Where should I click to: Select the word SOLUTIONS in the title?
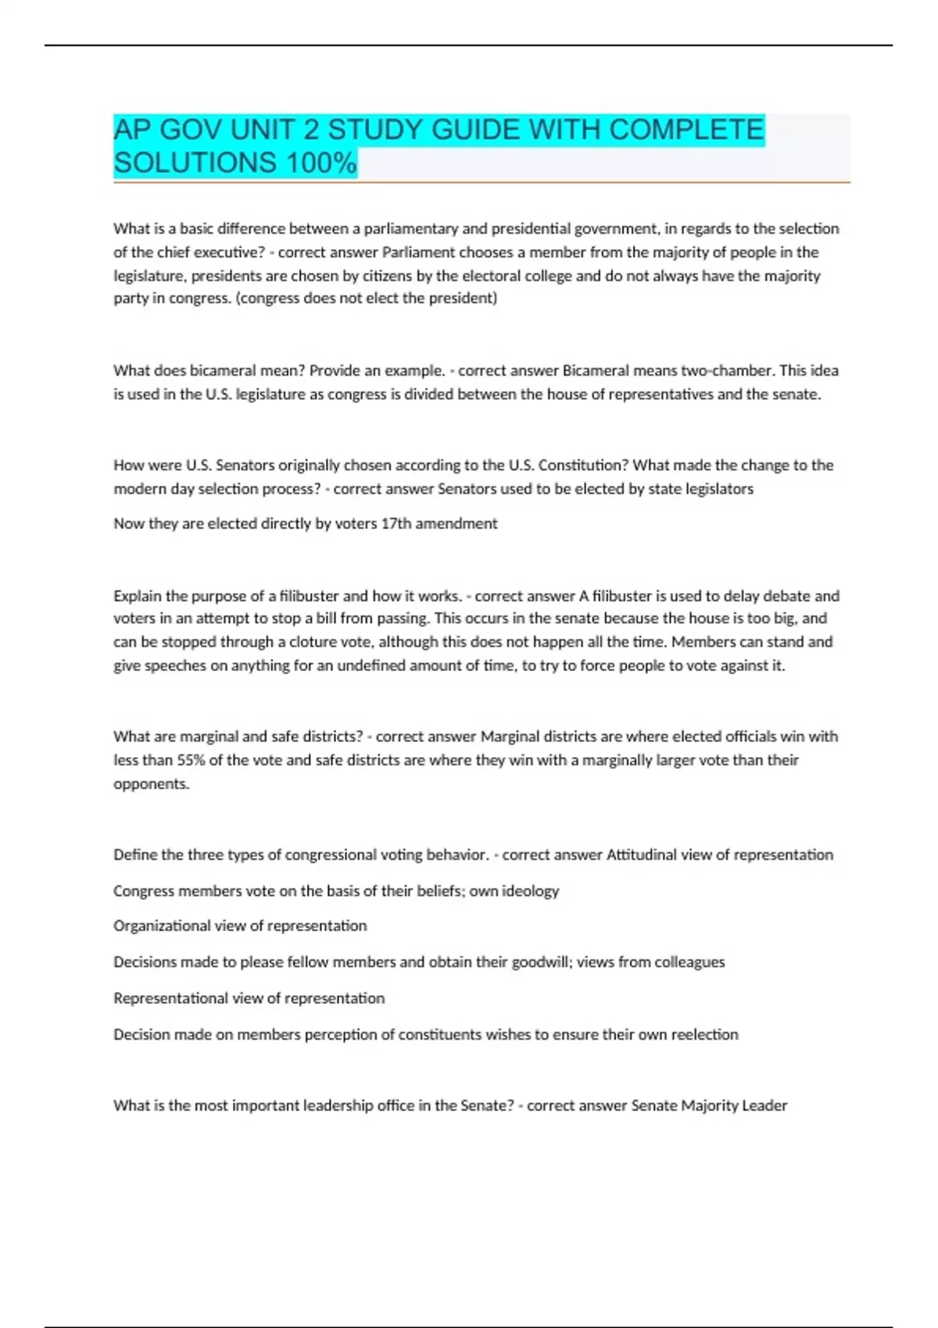tap(195, 162)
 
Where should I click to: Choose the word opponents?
tap(150, 784)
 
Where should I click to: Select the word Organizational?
tap(162, 926)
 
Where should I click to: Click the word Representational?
tap(170, 998)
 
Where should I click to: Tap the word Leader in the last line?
tap(765, 1105)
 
